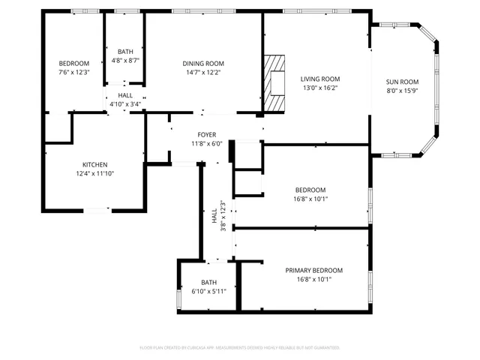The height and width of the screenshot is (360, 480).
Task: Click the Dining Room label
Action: (x=203, y=64)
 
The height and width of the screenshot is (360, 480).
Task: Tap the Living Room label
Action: (x=320, y=79)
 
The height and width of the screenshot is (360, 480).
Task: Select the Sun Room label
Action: (x=402, y=82)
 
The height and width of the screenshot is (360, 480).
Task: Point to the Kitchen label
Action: (x=94, y=164)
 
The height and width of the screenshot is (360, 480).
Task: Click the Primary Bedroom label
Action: (x=313, y=270)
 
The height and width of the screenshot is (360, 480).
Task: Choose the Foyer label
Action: (x=206, y=135)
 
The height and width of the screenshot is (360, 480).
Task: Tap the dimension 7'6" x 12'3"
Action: (x=74, y=72)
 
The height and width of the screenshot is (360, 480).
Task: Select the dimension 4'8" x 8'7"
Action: (x=125, y=60)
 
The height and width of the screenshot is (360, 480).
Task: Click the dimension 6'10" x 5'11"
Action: (x=208, y=290)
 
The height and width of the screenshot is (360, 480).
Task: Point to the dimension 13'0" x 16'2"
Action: (x=320, y=88)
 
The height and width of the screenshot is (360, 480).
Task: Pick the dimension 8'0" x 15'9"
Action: (x=402, y=91)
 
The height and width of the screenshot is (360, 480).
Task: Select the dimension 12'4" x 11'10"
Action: (x=94, y=173)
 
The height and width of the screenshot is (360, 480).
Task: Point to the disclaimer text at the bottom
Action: (x=240, y=348)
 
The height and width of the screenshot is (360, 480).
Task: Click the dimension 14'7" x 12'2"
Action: (x=203, y=73)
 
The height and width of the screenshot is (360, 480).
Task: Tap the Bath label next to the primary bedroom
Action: (x=208, y=282)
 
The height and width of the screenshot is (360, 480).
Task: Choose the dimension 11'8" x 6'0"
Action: (x=206, y=143)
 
